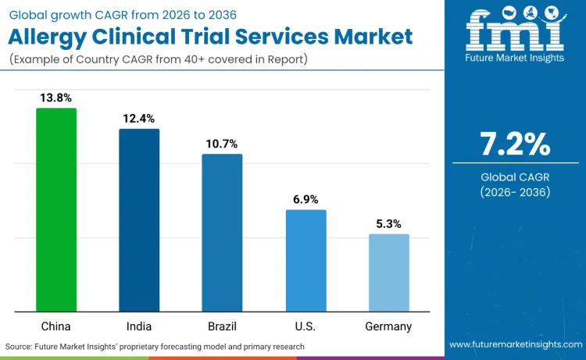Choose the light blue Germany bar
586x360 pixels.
388,273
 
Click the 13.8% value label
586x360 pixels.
56,98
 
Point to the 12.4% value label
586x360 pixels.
139,119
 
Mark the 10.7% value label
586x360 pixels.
222,144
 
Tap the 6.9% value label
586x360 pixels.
306,199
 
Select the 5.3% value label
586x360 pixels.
388,223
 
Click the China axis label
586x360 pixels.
56,326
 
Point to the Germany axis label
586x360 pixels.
388,326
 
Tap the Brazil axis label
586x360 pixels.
222,326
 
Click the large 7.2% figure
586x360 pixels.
515,144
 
